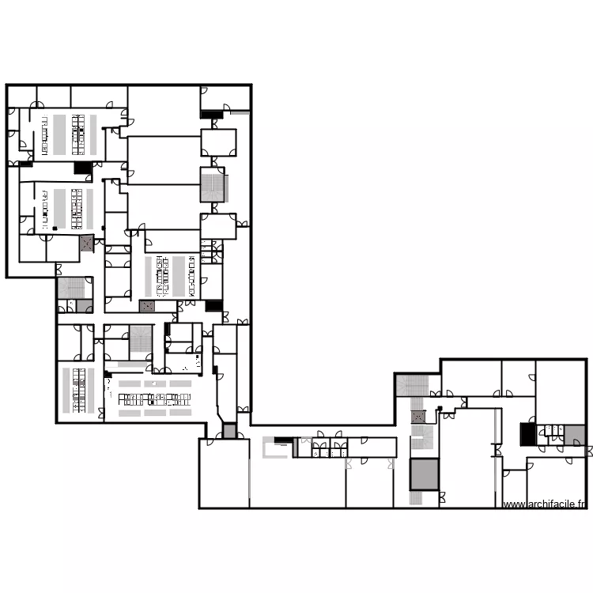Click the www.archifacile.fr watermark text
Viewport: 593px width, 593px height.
point(545,504)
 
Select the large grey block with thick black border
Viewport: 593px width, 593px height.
point(425,474)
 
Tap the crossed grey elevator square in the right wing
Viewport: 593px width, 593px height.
point(418,417)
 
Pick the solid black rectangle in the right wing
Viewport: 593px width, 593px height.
point(528,434)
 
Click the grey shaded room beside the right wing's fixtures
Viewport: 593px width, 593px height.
point(574,436)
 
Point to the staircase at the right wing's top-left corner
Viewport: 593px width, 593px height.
point(413,385)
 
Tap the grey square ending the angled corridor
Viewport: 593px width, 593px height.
point(229,431)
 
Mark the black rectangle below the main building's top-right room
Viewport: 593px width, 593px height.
point(212,115)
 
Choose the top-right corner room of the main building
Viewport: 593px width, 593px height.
point(225,98)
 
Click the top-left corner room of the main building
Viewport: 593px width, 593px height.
point(22,96)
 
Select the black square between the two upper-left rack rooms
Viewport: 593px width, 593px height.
point(83,168)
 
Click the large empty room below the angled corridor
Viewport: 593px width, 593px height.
point(224,473)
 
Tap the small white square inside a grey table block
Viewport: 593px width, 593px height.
point(154,383)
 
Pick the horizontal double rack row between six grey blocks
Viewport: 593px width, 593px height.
point(155,399)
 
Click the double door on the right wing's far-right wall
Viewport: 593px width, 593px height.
point(589,451)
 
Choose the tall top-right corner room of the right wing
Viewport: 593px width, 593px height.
point(561,392)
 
